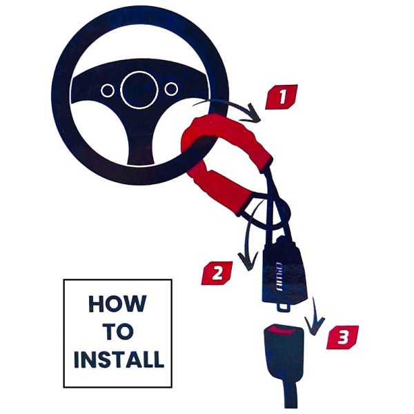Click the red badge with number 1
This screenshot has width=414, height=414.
click(x=282, y=97)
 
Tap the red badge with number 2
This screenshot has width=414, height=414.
click(x=217, y=273)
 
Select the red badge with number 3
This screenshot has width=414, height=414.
click(x=342, y=337)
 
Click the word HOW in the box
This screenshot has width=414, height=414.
click(x=117, y=304)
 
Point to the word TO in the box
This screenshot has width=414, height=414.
click(x=118, y=331)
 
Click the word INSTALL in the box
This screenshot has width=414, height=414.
click(x=119, y=359)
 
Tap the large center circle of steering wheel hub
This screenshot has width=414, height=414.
click(x=139, y=90)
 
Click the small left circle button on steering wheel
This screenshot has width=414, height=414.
click(x=108, y=90)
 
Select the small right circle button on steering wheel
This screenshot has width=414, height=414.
click(x=171, y=89)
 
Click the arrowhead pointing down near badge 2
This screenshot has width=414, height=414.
click(x=248, y=261)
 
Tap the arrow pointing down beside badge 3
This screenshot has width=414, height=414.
click(x=314, y=317)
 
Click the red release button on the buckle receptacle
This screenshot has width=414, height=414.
click(x=284, y=329)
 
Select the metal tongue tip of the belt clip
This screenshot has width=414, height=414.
click(x=284, y=306)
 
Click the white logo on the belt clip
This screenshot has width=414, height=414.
click(x=279, y=277)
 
